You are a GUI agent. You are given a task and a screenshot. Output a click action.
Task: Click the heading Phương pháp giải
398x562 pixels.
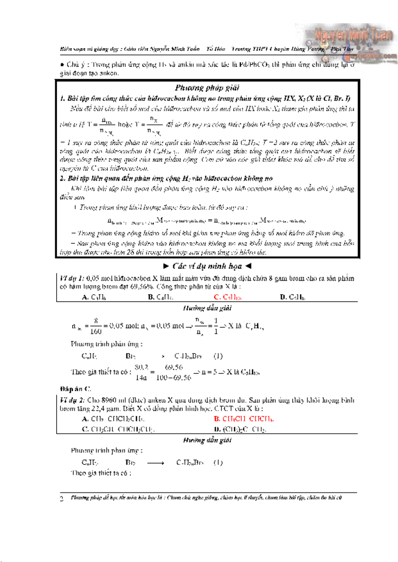coord(207,88)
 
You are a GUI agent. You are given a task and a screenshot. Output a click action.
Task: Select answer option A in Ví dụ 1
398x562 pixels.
coord(94,297)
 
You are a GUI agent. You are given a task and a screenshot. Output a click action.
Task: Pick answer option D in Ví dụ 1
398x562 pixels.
coord(292,297)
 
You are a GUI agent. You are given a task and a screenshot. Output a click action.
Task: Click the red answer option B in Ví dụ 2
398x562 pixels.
coord(244,419)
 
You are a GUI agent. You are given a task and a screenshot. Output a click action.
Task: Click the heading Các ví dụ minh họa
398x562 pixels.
coord(207,266)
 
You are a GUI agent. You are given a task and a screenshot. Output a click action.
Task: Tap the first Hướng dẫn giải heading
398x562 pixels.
coord(207,308)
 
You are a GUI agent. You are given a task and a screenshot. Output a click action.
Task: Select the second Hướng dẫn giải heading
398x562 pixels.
coord(207,440)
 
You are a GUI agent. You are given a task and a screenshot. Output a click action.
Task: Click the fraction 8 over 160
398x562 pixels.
coord(96,326)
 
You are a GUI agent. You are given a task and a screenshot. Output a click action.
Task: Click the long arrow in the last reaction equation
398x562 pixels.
coord(156,463)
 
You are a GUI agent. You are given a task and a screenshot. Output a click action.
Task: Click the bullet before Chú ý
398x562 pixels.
coord(62,64)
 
